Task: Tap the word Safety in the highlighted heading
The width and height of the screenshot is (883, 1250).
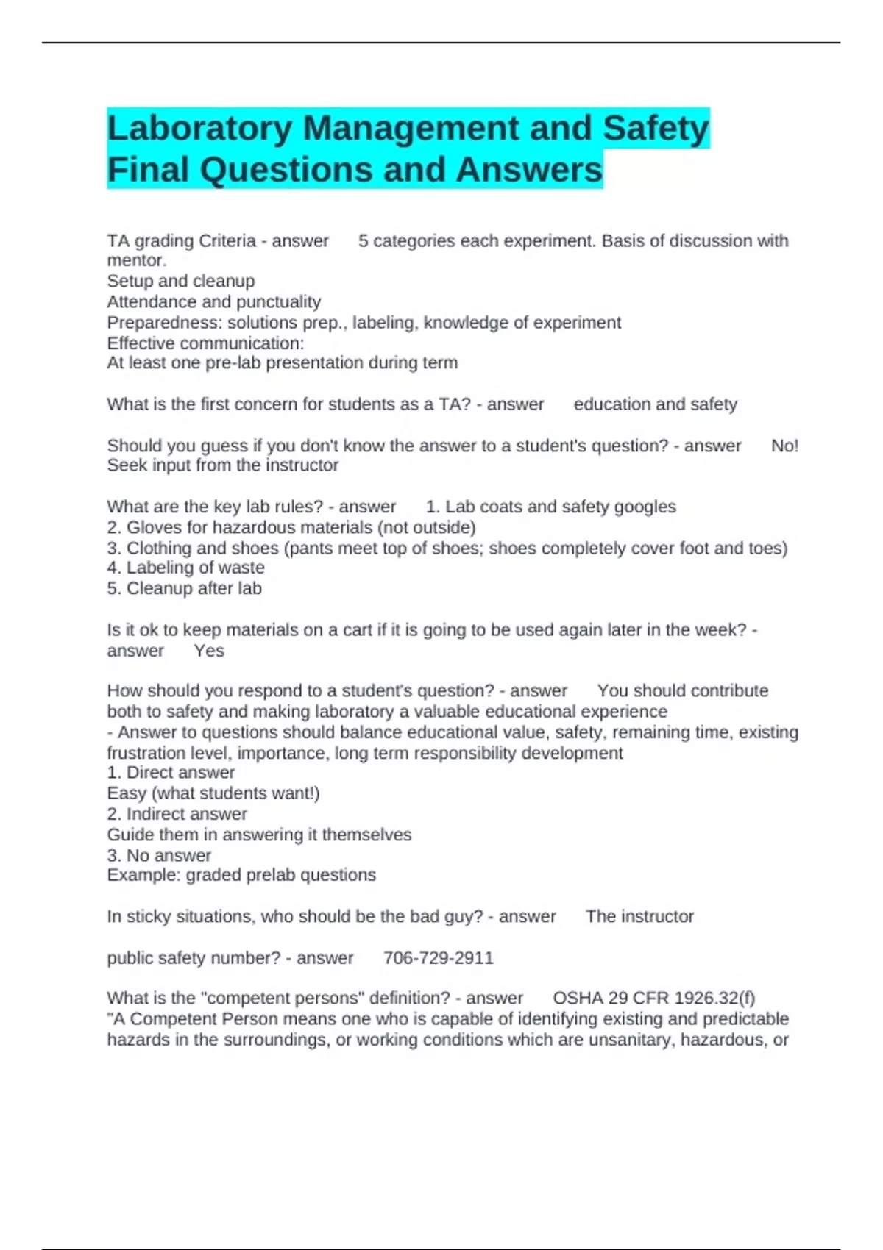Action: (x=655, y=129)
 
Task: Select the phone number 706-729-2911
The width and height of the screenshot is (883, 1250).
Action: (x=439, y=958)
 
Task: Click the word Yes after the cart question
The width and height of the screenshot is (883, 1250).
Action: (x=209, y=651)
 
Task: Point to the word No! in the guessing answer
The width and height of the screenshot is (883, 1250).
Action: (x=784, y=446)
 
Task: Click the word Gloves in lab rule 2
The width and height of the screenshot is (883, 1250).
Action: (x=151, y=527)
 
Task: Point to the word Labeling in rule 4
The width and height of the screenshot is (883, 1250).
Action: (x=159, y=568)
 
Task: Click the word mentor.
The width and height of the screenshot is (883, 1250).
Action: (x=136, y=261)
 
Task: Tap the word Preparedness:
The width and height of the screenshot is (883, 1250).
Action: (x=165, y=323)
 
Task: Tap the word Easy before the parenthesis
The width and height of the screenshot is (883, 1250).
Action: (x=127, y=793)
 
